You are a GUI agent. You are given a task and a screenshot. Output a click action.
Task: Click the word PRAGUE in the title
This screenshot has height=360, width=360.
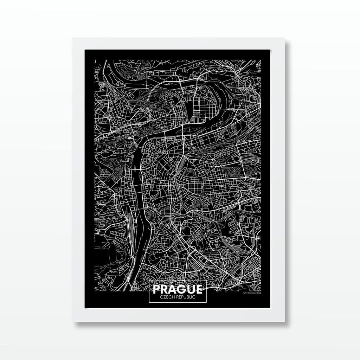pos(178,289)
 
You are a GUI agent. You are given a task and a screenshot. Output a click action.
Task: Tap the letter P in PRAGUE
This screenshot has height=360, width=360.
pos(157,289)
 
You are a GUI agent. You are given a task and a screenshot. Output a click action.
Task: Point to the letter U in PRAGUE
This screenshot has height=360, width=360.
pos(191,289)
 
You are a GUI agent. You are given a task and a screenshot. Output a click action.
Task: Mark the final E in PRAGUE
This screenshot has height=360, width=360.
pos(199,289)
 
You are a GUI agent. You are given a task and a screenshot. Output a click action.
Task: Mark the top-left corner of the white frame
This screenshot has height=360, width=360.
pos(73,38)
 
